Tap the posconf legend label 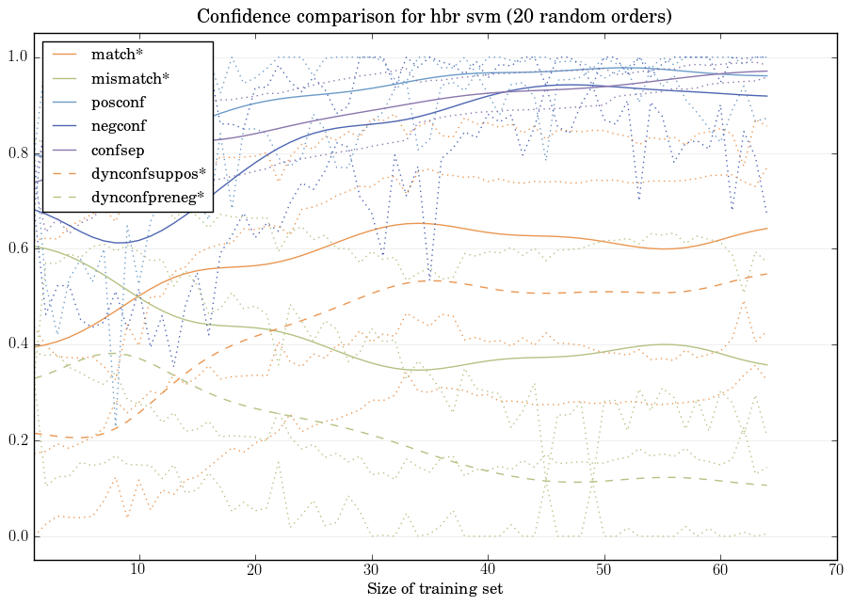[119, 102]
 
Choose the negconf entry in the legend [119, 125]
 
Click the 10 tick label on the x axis [138, 569]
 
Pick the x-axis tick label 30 [371, 569]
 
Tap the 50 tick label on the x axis [604, 569]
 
